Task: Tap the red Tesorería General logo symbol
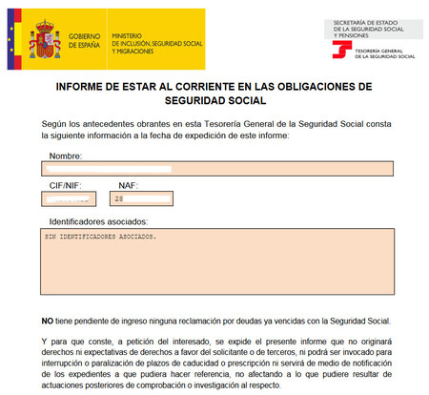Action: pyautogui.click(x=337, y=49)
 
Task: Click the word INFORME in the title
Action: pyautogui.click(x=88, y=87)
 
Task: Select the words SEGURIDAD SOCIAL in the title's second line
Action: pyautogui.click(x=214, y=99)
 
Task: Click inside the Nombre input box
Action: pyautogui.click(x=217, y=169)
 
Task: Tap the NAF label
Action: pyautogui.click(x=128, y=186)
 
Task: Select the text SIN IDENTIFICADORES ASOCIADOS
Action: pyautogui.click(x=99, y=235)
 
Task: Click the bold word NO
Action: pyautogui.click(x=48, y=321)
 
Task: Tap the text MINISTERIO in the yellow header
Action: pyautogui.click(x=130, y=34)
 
